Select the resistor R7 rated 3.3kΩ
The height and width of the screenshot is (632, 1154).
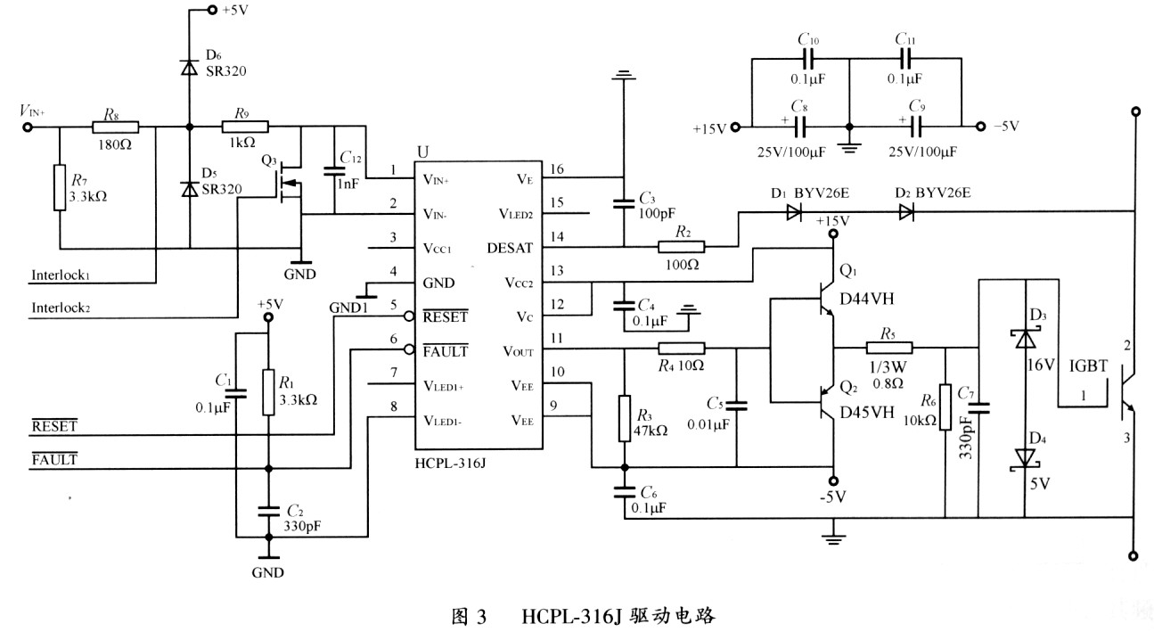click(59, 186)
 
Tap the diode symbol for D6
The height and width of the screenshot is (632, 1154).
click(190, 66)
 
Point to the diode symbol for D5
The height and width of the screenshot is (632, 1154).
click(190, 189)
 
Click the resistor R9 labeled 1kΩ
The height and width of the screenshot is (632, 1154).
click(243, 127)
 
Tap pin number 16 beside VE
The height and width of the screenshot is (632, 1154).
click(557, 169)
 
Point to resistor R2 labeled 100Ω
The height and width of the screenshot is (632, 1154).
click(681, 247)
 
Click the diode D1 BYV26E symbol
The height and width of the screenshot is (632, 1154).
click(793, 212)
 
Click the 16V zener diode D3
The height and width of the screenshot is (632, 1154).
click(1024, 338)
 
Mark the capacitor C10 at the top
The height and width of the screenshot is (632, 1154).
click(808, 59)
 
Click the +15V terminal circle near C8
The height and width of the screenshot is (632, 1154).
click(735, 127)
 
